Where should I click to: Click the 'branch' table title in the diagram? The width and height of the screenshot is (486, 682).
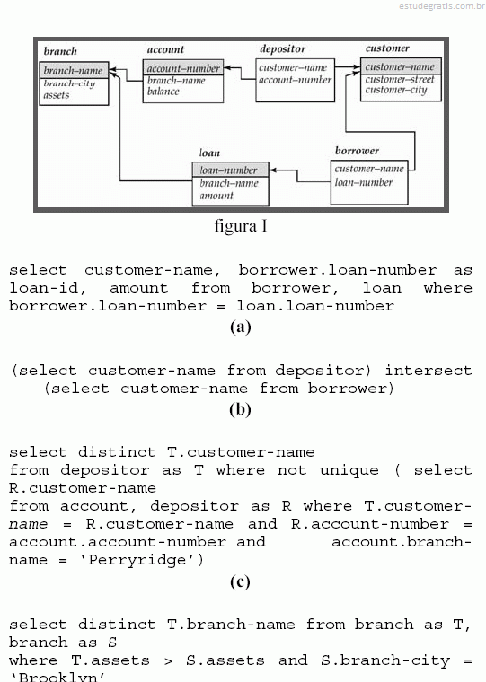point(60,51)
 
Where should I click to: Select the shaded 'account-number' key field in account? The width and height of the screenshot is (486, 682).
point(183,68)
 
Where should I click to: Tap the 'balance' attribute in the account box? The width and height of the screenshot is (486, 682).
point(163,92)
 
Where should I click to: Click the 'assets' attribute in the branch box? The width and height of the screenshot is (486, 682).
point(57,95)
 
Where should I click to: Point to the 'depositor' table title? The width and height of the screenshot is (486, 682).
point(283,48)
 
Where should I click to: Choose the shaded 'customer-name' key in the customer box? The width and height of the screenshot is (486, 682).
point(401,66)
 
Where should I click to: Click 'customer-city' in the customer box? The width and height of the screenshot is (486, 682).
point(396,90)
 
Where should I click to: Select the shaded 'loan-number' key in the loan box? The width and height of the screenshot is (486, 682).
point(230,170)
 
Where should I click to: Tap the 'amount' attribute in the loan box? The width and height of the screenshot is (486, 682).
point(216,196)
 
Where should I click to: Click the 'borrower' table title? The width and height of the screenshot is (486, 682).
point(358,151)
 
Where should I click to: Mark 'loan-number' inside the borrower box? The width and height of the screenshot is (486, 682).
point(364,182)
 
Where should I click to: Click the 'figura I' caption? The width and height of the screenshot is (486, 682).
point(241,226)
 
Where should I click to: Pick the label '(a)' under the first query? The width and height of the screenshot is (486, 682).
point(241,327)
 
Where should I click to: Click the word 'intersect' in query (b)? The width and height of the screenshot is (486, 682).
point(429,371)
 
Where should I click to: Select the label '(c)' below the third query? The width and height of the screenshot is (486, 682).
point(240,581)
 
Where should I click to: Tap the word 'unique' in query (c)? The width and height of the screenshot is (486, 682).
point(349,470)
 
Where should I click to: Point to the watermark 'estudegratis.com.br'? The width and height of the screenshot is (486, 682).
point(442,6)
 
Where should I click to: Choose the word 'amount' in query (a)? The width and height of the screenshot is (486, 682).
point(138,288)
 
